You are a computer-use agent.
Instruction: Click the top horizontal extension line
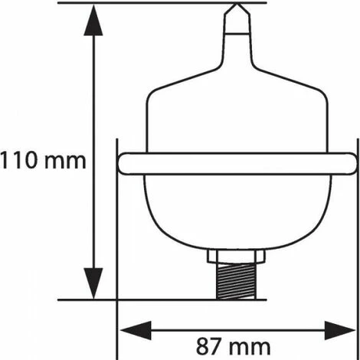pyautogui.click(x=153, y=3)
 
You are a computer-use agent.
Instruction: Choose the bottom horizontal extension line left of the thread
pyautogui.click(x=153, y=299)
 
